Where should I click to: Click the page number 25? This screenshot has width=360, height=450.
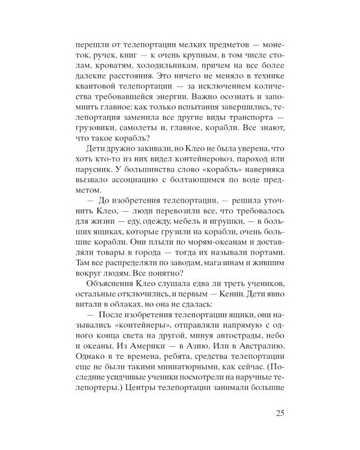283,412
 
